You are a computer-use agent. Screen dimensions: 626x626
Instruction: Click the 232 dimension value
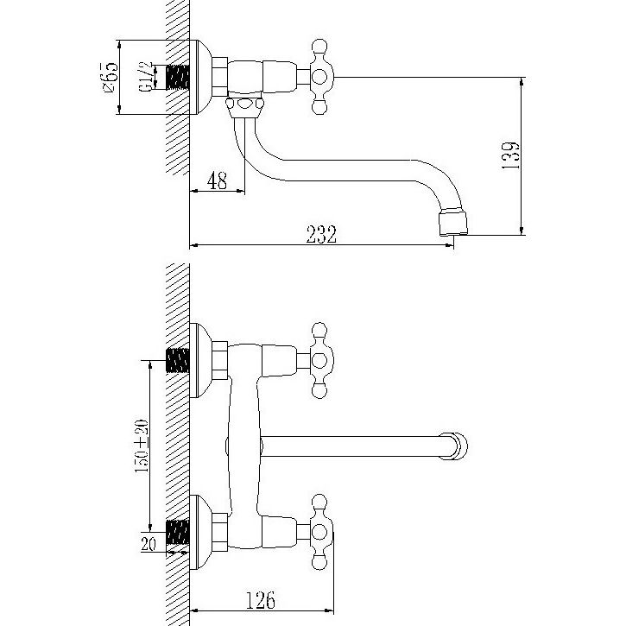click(x=321, y=234)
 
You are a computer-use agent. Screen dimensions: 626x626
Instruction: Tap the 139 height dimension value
click(x=510, y=155)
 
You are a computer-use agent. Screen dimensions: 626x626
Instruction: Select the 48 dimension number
click(x=218, y=180)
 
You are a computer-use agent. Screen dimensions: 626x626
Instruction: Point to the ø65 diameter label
click(x=111, y=78)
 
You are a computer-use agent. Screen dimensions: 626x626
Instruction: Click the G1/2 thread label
click(x=146, y=77)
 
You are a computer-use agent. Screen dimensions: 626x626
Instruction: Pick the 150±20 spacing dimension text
click(x=142, y=446)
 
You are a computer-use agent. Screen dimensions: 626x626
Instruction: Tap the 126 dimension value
click(x=260, y=600)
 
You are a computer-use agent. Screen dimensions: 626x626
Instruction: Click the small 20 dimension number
click(x=149, y=544)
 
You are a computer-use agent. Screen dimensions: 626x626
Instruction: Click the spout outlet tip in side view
click(x=453, y=224)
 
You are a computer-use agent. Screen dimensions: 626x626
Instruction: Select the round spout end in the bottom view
click(x=453, y=446)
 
